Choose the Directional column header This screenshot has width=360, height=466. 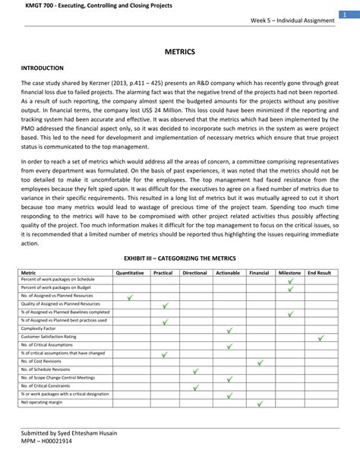pyautogui.click(x=195, y=271)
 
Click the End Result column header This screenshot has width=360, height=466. pyautogui.click(x=320, y=271)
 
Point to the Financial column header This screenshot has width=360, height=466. pyautogui.click(x=259, y=271)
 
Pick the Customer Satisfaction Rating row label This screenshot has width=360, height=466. pyautogui.click(x=49, y=336)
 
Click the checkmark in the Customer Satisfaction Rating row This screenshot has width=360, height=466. pyautogui.click(x=320, y=337)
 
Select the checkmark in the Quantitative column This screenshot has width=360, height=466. pyautogui.click(x=130, y=296)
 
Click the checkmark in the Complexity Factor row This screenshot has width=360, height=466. pyautogui.click(x=228, y=329)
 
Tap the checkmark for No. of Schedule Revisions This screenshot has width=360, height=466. pyautogui.click(x=195, y=369)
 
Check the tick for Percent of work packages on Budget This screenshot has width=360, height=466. pyautogui.click(x=289, y=288)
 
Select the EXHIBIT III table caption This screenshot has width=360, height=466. pyautogui.click(x=180, y=258)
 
